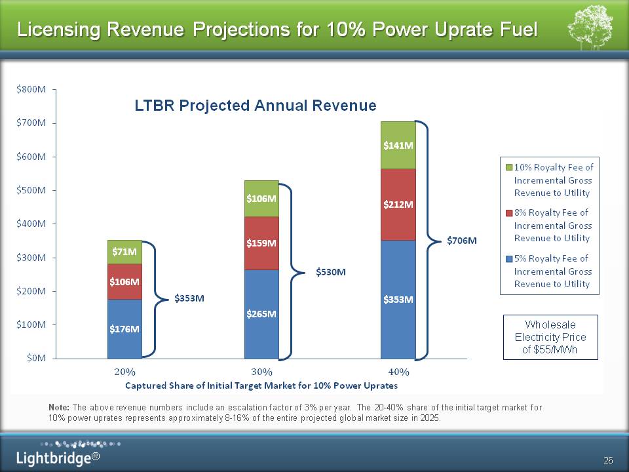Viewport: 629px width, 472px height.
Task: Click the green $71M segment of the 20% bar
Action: pyautogui.click(x=124, y=252)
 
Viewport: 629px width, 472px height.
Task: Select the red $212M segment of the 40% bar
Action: pyautogui.click(x=398, y=205)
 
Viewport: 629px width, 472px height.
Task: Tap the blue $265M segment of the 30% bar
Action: pyautogui.click(x=261, y=313)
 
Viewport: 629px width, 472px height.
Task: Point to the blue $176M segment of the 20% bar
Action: pyautogui.click(x=124, y=328)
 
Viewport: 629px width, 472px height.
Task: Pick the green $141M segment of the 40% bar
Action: pyautogui.click(x=398, y=146)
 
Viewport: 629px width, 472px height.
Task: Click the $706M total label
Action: pyautogui.click(x=462, y=241)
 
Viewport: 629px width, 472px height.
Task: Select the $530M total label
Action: pyautogui.click(x=330, y=271)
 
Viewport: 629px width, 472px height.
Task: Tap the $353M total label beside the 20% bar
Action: pyautogui.click(x=190, y=299)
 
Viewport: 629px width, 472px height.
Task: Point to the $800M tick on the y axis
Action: pyautogui.click(x=31, y=89)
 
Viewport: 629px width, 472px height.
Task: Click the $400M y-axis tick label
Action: pyautogui.click(x=31, y=224)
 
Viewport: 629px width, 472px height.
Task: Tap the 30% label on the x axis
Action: pyautogui.click(x=261, y=372)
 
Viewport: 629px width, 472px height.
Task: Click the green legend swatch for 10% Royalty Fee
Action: pyautogui.click(x=508, y=167)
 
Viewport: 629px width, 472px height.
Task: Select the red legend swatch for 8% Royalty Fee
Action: pyautogui.click(x=508, y=212)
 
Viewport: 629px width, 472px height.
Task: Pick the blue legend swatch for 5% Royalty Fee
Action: pyautogui.click(x=508, y=258)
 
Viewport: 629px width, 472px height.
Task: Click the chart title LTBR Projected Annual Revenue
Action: pyautogui.click(x=256, y=106)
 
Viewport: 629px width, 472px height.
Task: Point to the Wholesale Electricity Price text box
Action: pyautogui.click(x=550, y=337)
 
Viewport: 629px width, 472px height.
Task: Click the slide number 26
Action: pyautogui.click(x=608, y=461)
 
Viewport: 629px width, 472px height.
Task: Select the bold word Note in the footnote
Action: pyautogui.click(x=60, y=407)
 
